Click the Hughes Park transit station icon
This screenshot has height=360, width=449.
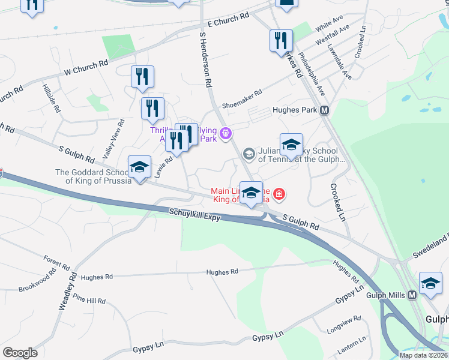[x=325, y=110]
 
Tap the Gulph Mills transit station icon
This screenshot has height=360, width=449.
[x=412, y=295]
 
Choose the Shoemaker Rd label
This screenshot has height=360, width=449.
[x=242, y=94]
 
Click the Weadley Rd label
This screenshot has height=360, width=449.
[x=67, y=290]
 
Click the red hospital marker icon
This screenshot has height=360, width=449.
[x=279, y=194]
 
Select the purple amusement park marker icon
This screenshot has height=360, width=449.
[x=226, y=133]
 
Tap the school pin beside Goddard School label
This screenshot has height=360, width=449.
[x=139, y=167]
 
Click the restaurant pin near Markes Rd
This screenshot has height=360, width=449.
[x=281, y=41]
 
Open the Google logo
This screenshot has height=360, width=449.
[x=20, y=353]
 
